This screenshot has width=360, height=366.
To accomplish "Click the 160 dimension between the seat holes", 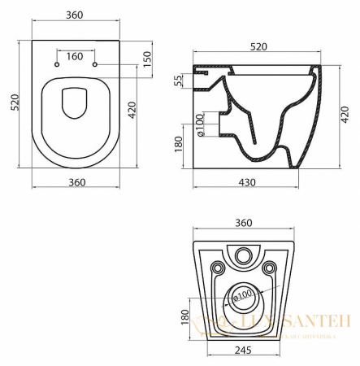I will (76, 57).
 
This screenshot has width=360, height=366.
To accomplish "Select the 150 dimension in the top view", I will (147, 60).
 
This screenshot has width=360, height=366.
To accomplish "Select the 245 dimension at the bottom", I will (241, 353).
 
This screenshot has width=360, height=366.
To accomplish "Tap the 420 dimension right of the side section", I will (345, 111).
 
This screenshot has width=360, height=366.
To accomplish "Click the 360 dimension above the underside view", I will (241, 222).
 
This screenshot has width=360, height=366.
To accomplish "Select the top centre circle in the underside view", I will (241, 256).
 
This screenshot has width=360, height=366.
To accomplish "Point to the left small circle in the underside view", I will (216, 268).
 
